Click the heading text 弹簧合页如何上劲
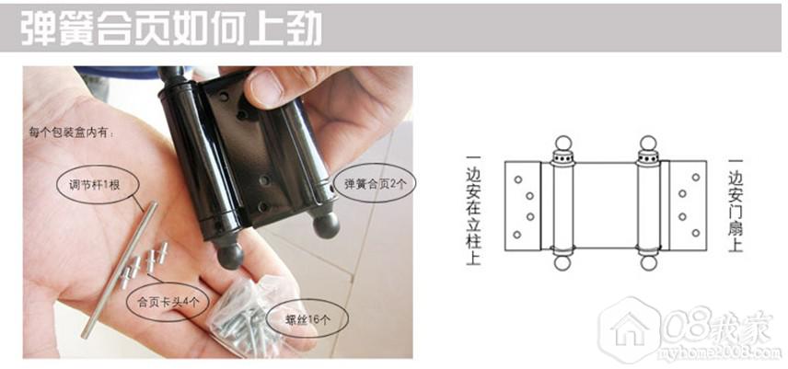tap(171, 29)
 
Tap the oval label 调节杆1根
tap(95, 186)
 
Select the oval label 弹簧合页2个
tap(375, 184)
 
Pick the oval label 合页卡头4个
tap(167, 302)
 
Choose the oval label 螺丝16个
tap(307, 319)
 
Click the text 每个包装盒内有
tap(72, 133)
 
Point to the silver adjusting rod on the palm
tap(120, 270)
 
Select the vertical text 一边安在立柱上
tap(473, 210)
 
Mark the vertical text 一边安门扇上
tap(736, 205)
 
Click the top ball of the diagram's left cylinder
tap(562, 143)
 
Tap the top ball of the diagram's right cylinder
tap(648, 143)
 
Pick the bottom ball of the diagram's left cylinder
tap(562, 263)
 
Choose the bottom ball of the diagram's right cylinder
tap(648, 263)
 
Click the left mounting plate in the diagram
tap(523, 206)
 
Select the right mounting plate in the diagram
tap(688, 206)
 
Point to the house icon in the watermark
tap(630, 329)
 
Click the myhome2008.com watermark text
tap(720, 352)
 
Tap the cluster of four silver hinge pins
tap(144, 265)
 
